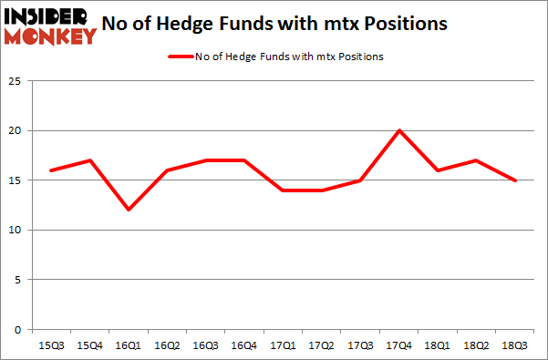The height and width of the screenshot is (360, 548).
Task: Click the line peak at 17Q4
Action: coord(398,130)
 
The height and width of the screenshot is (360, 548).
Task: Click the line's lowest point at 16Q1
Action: coord(128,210)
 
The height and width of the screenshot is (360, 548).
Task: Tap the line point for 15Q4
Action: coord(89,160)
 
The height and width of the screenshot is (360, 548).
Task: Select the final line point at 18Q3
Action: coord(516,180)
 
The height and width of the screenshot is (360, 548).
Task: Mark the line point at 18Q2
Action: coord(477,160)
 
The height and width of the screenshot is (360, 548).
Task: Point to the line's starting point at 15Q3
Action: coord(50,170)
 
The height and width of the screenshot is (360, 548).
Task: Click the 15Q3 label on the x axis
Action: coord(50,345)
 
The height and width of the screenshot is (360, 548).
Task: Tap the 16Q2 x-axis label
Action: coord(167,345)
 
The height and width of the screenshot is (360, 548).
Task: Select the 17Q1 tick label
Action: coord(284,345)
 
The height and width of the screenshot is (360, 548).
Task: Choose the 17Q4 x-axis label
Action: coord(399,345)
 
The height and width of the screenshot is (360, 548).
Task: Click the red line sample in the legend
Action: coord(180,57)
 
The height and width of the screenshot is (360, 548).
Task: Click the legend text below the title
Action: coord(289,57)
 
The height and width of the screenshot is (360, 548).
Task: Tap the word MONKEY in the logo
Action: coord(49,36)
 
